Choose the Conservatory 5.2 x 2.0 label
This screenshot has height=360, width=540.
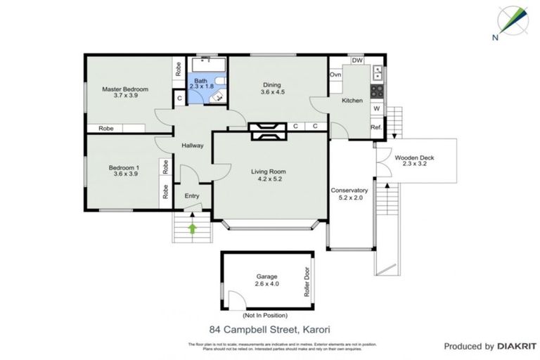point(349,194)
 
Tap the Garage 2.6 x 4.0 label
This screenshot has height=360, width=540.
point(267,281)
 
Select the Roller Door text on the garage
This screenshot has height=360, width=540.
point(307,282)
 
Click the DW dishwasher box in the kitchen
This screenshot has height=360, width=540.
point(357,60)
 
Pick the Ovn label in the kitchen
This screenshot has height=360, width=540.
point(336,75)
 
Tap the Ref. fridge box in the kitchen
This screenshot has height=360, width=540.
point(376,127)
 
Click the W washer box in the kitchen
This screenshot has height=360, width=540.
point(377,108)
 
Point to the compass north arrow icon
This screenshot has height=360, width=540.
point(511,22)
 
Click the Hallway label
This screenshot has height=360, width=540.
point(192,146)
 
